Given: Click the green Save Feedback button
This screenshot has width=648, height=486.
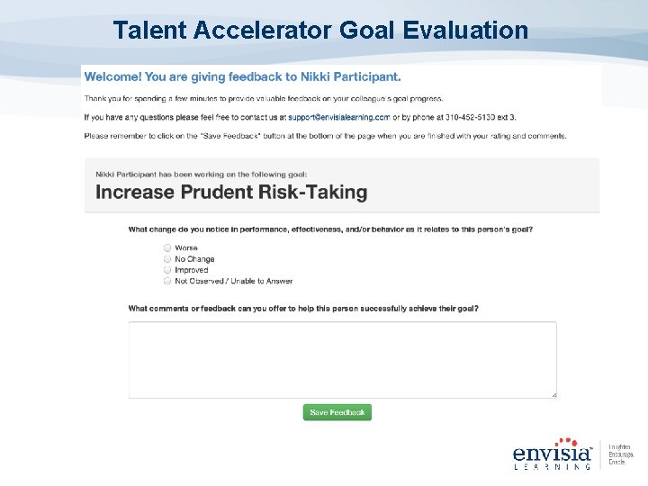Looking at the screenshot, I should (x=337, y=412).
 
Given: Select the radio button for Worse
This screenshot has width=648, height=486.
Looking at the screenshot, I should (x=167, y=247).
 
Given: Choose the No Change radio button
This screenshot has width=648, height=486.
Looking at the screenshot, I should (x=167, y=259).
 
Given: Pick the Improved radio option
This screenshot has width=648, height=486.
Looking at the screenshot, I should (x=167, y=270).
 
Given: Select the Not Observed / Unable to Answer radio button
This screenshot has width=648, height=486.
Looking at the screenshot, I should (x=167, y=281).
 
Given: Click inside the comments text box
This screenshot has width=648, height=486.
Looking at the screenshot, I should (x=342, y=359).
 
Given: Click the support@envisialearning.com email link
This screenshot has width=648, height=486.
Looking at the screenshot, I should (x=339, y=117).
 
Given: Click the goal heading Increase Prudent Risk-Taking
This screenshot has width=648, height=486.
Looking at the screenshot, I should (x=231, y=192).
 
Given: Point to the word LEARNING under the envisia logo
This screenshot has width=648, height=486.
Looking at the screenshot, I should (x=553, y=466).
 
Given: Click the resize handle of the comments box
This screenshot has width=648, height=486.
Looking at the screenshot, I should (x=553, y=394).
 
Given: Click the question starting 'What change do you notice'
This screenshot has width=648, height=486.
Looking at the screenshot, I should (x=330, y=229).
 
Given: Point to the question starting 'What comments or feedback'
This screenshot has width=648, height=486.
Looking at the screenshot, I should (x=303, y=309).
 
